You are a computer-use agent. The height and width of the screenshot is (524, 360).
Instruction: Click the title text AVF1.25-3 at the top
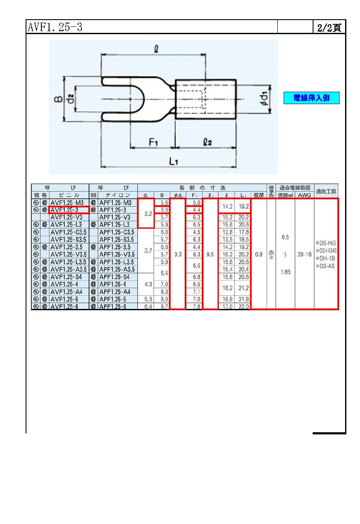pyautogui.click(x=55, y=27)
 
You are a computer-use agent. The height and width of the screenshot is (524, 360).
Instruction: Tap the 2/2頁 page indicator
pyautogui.click(x=329, y=28)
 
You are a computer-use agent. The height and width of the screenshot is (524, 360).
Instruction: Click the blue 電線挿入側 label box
pyautogui.click(x=311, y=98)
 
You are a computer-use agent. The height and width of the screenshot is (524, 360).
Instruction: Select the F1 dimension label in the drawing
pyautogui.click(x=153, y=143)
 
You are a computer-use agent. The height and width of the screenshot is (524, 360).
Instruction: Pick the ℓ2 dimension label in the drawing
pyautogui.click(x=207, y=143)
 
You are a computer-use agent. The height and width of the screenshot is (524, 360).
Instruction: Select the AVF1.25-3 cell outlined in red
pyautogui.click(x=69, y=210)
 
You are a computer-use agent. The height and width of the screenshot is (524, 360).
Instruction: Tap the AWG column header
pyautogui.click(x=304, y=195)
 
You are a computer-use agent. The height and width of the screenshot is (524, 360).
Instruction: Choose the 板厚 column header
pyautogui.click(x=258, y=195)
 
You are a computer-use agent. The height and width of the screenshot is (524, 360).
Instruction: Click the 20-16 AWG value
pyautogui.click(x=304, y=254)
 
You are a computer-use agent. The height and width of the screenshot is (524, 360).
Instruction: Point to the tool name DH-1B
pyautogui.click(x=326, y=258)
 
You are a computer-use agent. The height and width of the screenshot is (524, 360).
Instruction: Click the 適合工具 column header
pyautogui.click(x=326, y=192)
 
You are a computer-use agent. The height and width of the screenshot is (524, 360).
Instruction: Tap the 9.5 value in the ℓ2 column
pyautogui.click(x=210, y=254)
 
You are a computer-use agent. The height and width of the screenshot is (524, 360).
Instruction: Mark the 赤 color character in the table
pyautogui.click(x=271, y=253)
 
